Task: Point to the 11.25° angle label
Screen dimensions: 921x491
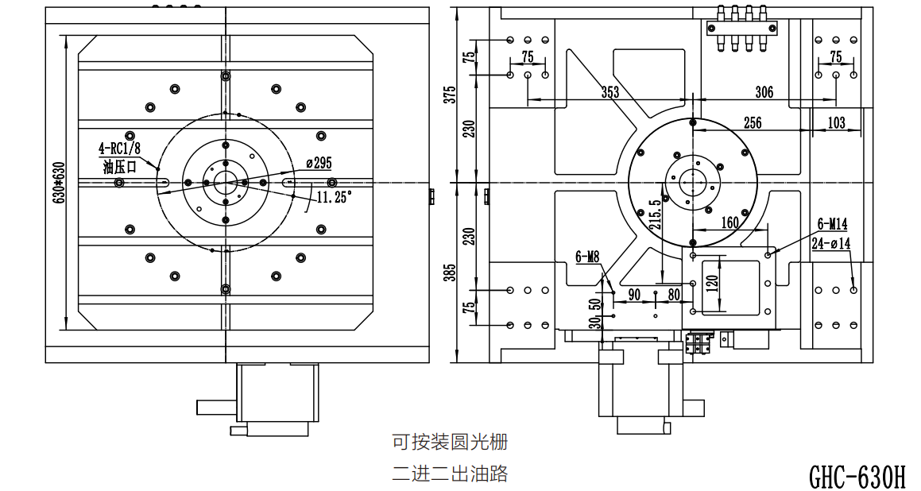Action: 334,197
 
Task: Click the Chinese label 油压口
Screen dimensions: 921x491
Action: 120,167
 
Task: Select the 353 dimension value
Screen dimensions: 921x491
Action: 609,92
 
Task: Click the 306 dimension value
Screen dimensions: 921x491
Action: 764,91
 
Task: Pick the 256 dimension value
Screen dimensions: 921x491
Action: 753,122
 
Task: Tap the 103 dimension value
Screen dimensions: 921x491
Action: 836,122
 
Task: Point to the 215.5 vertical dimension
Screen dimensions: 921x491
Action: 655,214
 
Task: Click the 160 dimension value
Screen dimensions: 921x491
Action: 729,222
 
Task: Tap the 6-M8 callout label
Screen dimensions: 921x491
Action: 586,256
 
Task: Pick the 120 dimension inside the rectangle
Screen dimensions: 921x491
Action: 713,284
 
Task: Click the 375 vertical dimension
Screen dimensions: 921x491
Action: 450,95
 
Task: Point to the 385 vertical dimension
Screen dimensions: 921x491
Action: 450,272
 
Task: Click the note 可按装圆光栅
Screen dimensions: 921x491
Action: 449,442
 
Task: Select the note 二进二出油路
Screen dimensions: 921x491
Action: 449,473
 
